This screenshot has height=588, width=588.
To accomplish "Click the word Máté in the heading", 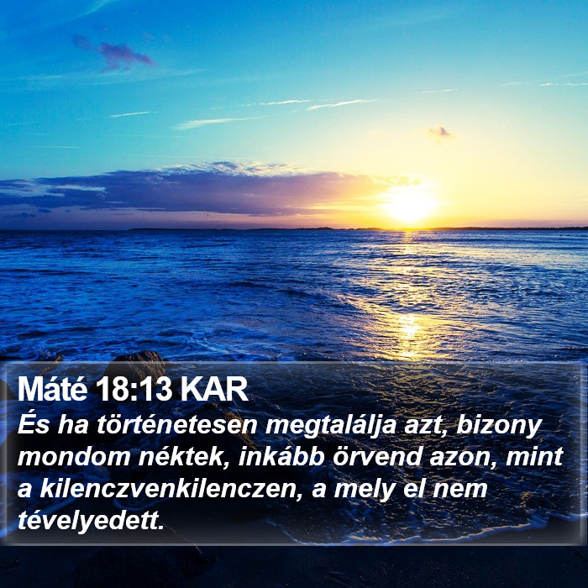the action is pos(52,389).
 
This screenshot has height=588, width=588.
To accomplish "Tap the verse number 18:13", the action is pos(133,389).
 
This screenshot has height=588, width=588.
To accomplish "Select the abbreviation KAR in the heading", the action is pos(214,389).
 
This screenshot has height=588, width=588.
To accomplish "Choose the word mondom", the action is pos(74,457).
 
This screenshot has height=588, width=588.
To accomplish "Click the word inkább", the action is pos(281,457).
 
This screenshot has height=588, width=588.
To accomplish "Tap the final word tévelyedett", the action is pos(91,522).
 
